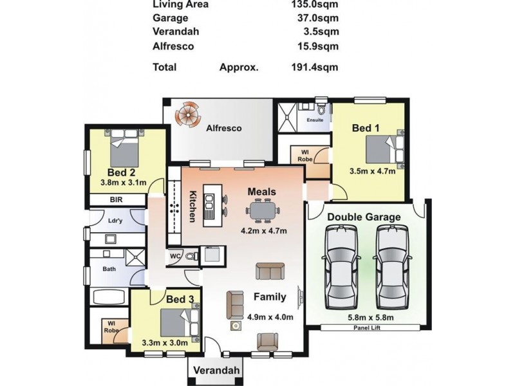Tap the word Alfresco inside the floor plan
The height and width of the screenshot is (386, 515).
tap(223, 128)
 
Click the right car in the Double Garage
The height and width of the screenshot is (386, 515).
tap(391, 267)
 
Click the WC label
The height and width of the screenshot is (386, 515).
tap(174, 256)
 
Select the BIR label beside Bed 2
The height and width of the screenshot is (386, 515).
tap(117, 200)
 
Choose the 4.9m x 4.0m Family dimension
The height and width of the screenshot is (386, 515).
tap(270, 317)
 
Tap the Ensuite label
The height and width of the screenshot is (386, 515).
tap(315, 120)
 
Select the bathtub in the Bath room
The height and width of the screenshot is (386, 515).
tap(109, 297)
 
